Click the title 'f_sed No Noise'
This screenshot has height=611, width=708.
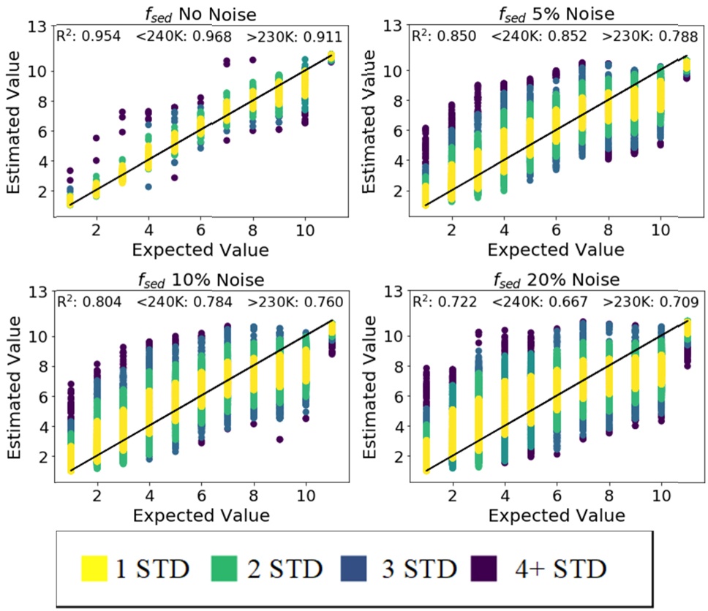tap(200, 13)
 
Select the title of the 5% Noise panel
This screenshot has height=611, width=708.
tap(555, 13)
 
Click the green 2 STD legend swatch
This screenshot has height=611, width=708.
tap(232, 568)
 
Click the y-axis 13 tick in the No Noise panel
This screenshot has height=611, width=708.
tap(39, 26)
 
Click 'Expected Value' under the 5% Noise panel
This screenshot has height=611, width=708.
tap(556, 250)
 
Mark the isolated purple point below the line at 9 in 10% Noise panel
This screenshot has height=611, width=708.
tap(279, 439)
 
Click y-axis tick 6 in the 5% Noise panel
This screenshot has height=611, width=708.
tap(401, 131)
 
